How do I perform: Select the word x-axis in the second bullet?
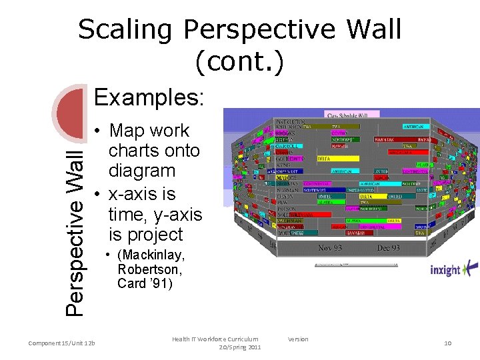pyautogui.click(x=142, y=194)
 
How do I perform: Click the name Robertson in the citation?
pyautogui.click(x=149, y=269)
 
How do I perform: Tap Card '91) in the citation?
pyautogui.click(x=145, y=283)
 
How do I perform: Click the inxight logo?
pyautogui.click(x=453, y=269)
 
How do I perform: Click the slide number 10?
pyautogui.click(x=447, y=343)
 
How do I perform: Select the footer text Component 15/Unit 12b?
pyautogui.click(x=62, y=343)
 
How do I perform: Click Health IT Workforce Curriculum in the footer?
pyautogui.click(x=215, y=339)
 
